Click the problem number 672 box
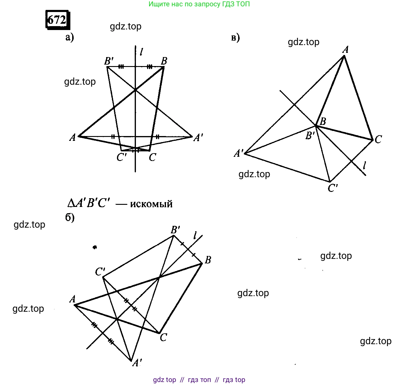tap(58, 20)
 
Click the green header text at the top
tap(199, 4)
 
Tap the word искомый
tap(151, 204)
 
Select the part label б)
tap(70, 217)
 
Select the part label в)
tap(235, 38)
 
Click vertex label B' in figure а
tap(109, 61)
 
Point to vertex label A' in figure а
tap(198, 138)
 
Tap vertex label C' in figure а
tap(121, 157)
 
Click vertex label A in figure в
tap(345, 50)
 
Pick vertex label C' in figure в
tap(333, 188)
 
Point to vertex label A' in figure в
tap(239, 153)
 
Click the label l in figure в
tap(364, 165)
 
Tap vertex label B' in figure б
tap(176, 229)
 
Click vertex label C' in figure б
tap(100, 272)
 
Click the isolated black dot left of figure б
tap(95, 247)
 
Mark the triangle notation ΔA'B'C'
tap(89, 203)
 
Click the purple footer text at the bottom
tap(199, 380)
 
